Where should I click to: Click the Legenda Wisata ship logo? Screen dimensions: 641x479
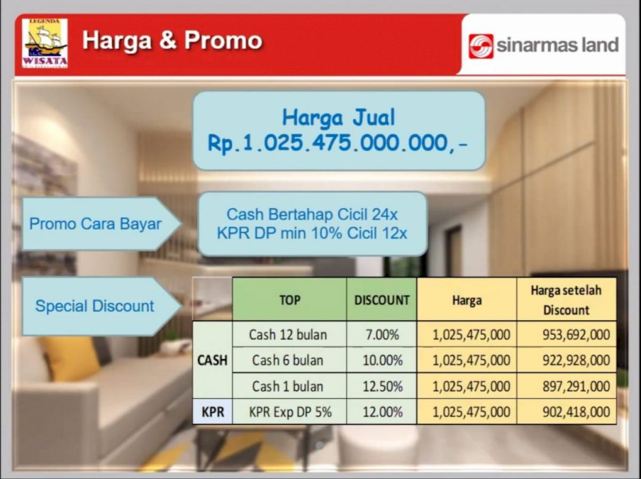(x=45, y=43)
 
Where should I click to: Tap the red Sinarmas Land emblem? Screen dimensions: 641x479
(x=481, y=46)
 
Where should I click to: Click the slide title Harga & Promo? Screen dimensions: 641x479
(x=172, y=40)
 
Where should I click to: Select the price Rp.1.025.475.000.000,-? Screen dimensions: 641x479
(x=338, y=143)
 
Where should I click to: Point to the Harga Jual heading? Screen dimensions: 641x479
(x=339, y=118)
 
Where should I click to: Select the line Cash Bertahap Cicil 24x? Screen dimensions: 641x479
(x=312, y=214)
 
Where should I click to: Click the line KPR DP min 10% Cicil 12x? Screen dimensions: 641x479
(x=312, y=233)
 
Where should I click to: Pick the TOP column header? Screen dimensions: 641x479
(x=289, y=300)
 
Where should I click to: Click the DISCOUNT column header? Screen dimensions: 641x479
(x=382, y=300)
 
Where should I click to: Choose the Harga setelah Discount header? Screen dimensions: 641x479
(x=566, y=300)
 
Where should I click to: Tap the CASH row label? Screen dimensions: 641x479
(x=212, y=360)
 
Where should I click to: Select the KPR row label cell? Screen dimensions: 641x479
(x=213, y=411)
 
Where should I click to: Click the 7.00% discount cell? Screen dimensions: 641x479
(x=382, y=335)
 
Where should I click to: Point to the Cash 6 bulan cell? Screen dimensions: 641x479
(x=288, y=360)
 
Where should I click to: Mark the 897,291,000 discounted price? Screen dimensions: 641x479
(x=577, y=386)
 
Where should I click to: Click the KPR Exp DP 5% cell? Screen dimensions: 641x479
(x=290, y=411)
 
